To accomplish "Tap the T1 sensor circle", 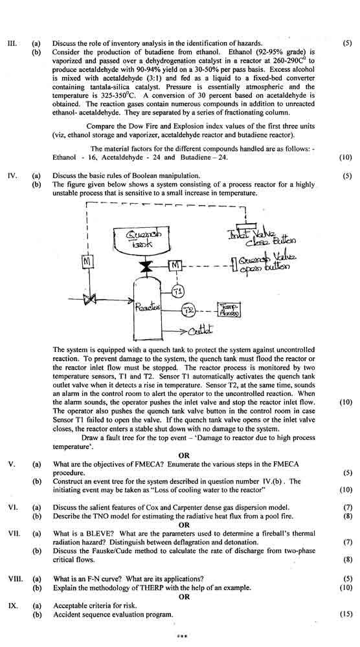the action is [178, 292].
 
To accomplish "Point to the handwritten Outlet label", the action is [201, 330].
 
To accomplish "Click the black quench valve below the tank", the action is [145, 266].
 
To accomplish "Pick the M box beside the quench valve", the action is [175, 266].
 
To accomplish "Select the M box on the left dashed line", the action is [88, 261].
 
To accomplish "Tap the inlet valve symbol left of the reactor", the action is [87, 300].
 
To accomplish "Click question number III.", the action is [12, 43].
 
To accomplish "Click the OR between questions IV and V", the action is [184, 455].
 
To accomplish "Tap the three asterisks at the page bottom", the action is [182, 636].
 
